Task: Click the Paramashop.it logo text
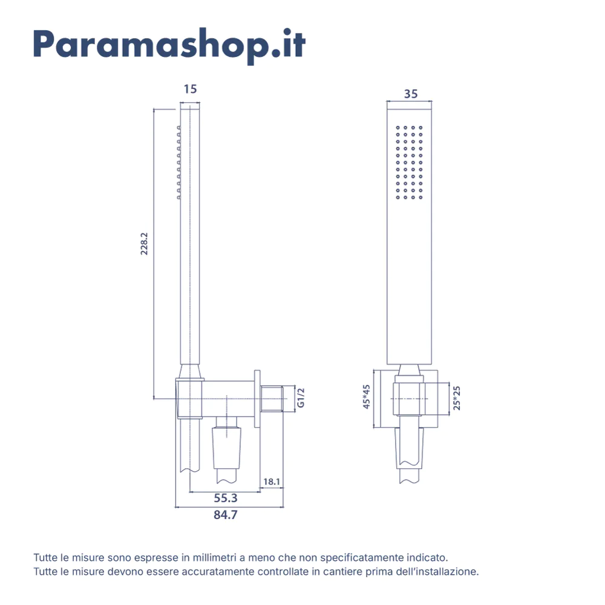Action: pyautogui.click(x=169, y=44)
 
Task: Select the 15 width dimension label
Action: pyautogui.click(x=190, y=90)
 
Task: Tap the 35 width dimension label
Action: pyautogui.click(x=411, y=94)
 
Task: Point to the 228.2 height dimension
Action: pyautogui.click(x=145, y=242)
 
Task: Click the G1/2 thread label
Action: pyautogui.click(x=301, y=398)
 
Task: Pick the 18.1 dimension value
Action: pyautogui.click(x=272, y=482)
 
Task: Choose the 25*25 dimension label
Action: pyautogui.click(x=457, y=398)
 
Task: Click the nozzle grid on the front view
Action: pyautogui.click(x=409, y=162)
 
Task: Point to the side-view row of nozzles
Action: pyautogui.click(x=178, y=162)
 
